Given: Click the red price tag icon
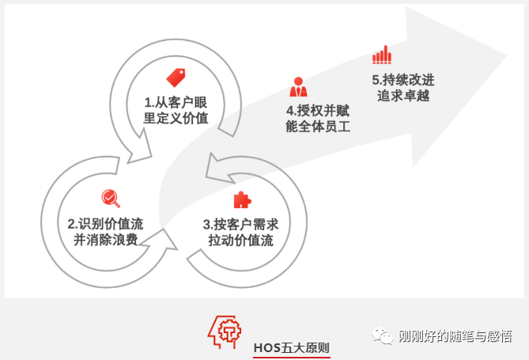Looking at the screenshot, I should point(176,78).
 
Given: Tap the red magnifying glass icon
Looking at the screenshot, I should point(110,198).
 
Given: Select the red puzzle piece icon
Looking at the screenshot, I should point(240,199).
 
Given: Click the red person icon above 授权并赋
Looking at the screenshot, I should point(299,85).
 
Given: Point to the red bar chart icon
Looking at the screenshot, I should point(382,55).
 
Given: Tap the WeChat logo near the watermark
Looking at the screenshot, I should point(384,337).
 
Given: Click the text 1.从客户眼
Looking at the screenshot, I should point(175,103).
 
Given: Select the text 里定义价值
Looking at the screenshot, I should point(176,119).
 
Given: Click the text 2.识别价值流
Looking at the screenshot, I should point(105,223).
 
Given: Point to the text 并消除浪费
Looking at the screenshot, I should point(106,240).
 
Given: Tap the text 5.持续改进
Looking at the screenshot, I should point(402,80).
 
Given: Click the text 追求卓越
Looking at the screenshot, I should point(403,97).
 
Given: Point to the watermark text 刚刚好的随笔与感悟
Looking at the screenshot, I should point(455,337).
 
